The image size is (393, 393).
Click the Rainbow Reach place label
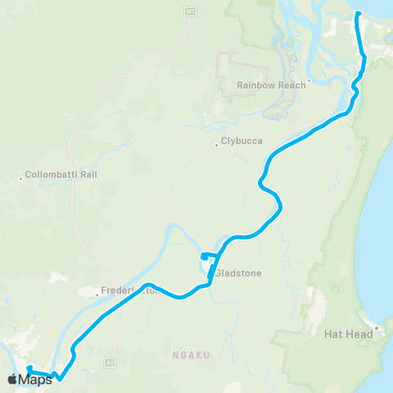[269, 84]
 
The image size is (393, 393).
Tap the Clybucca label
[242, 141]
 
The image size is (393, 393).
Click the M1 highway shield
[191, 11]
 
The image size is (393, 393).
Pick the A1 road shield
[109, 361]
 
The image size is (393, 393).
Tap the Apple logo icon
[12, 379]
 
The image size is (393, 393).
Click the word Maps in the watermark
[35, 379]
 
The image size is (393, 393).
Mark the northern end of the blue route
[359, 13]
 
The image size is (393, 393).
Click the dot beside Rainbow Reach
[308, 83]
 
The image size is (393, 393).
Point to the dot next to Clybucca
[217, 142]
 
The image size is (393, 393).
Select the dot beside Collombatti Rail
[21, 176]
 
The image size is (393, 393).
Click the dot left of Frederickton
[97, 291]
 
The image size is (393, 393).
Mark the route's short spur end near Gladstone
[202, 257]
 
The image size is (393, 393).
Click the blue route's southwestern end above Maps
[28, 368]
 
